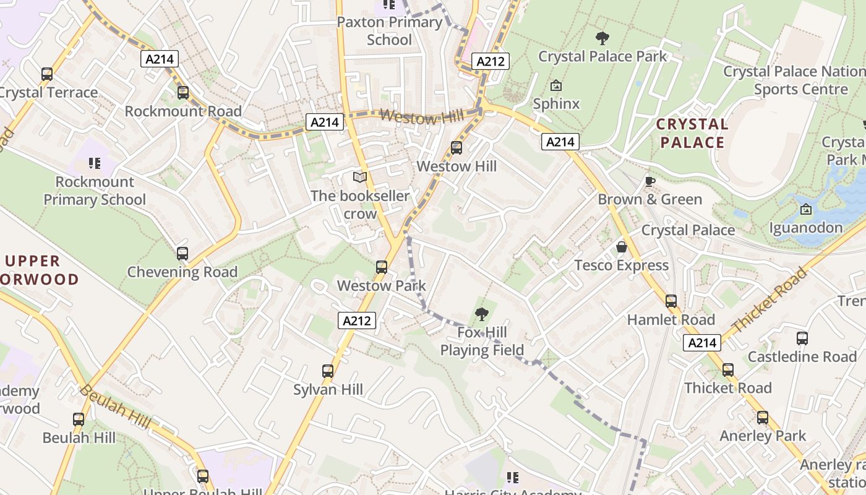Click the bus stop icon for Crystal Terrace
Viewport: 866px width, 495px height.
(47, 74)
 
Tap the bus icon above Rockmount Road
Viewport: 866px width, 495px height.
(183, 93)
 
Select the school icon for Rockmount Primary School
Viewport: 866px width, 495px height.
(95, 163)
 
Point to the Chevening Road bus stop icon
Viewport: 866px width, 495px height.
(182, 254)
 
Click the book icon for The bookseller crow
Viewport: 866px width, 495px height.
(359, 178)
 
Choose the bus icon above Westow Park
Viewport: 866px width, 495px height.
(382, 267)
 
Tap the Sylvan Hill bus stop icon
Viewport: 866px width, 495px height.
(328, 371)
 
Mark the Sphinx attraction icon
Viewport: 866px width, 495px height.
(556, 85)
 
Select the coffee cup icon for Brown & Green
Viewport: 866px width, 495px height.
(649, 181)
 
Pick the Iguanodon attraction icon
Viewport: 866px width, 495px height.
(805, 210)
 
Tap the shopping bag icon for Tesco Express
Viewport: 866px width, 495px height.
(622, 247)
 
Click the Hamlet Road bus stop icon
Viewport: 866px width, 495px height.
(671, 301)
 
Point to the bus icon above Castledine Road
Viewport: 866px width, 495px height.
(802, 338)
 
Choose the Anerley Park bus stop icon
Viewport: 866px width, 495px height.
(763, 418)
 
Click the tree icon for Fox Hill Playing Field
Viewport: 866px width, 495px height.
(482, 314)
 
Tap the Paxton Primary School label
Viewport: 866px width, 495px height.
(390, 31)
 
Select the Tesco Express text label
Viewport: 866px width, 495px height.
(622, 265)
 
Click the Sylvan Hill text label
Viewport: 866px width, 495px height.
(328, 390)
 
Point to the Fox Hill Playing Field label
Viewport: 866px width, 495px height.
(482, 342)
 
